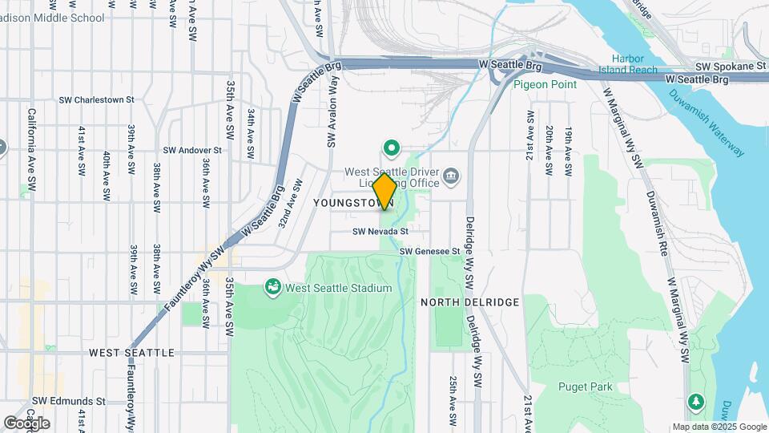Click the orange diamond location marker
(x=384, y=192)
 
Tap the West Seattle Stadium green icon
(x=273, y=287)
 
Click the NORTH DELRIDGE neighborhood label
(x=469, y=301)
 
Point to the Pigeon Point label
(x=545, y=83)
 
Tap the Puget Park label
(x=586, y=386)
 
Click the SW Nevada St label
(x=380, y=231)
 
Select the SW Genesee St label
(x=430, y=251)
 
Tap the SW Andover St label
(x=191, y=150)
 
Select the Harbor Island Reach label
(x=634, y=64)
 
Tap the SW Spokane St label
(x=725, y=66)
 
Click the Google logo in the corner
(x=26, y=423)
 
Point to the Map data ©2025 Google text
(x=719, y=427)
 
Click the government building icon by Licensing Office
(x=451, y=176)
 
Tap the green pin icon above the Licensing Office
(x=392, y=148)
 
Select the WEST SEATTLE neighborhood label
(x=131, y=352)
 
